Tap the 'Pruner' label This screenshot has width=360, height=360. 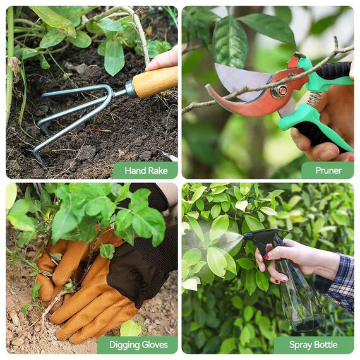328,171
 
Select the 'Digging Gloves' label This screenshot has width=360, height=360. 137,345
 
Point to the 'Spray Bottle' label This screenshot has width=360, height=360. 313,345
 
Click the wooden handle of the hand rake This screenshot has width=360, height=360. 155,81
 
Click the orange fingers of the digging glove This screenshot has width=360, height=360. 82,309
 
